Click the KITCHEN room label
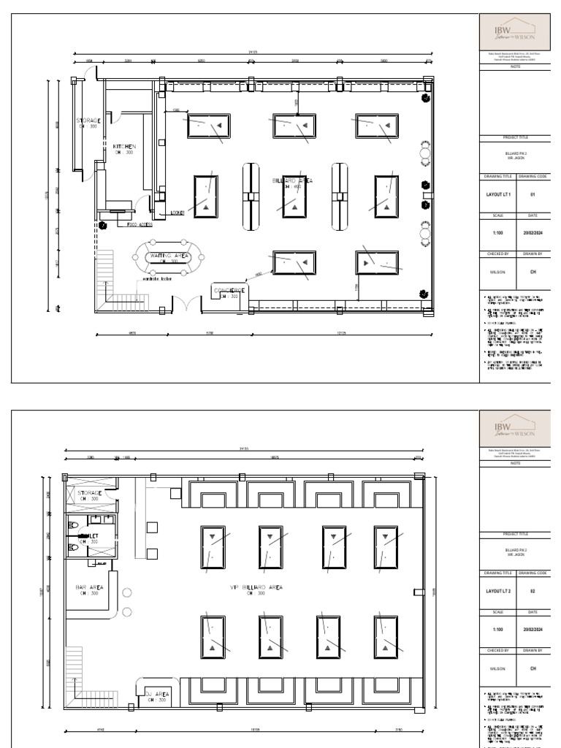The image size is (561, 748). tap(123, 147)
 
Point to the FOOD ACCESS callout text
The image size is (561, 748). tap(139, 225)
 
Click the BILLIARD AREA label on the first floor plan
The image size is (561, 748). tap(293, 180)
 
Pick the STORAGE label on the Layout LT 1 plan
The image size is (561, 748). tap(88, 121)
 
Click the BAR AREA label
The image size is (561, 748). tap(88, 587)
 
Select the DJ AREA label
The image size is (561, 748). tap(156, 694)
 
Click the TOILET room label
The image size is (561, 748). tap(88, 535)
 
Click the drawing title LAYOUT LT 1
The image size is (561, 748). tap(499, 195)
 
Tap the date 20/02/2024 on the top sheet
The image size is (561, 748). tap(533, 234)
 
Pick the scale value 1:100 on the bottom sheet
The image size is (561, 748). tap(498, 629)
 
